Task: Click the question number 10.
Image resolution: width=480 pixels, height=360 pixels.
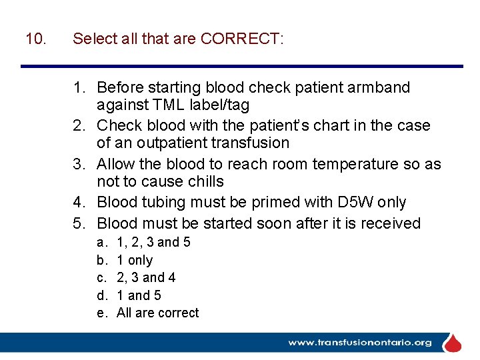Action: (x=35, y=39)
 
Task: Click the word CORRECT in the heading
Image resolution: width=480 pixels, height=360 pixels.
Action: (x=241, y=39)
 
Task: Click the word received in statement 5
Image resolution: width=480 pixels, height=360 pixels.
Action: (x=393, y=223)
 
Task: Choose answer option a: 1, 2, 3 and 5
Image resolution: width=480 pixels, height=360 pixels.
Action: (x=153, y=242)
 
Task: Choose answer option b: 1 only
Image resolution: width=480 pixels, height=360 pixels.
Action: (x=134, y=260)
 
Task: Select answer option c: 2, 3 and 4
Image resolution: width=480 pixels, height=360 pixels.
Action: (x=146, y=277)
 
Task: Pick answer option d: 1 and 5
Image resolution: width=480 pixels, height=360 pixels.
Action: (x=139, y=295)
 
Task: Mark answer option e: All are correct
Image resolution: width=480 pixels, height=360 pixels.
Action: (x=157, y=313)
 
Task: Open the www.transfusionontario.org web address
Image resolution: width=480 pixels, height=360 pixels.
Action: (x=360, y=343)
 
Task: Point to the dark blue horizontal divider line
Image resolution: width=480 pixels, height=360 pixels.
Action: (x=241, y=66)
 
